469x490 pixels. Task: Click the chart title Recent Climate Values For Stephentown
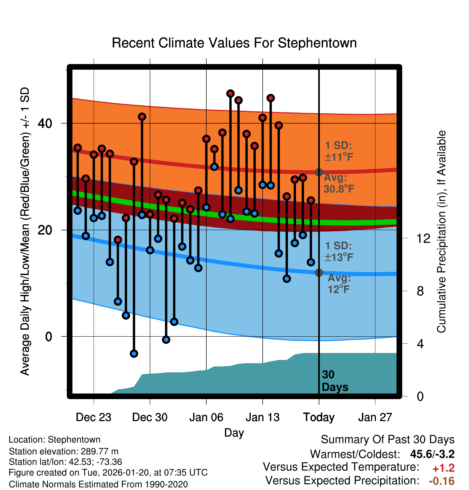point(234,43)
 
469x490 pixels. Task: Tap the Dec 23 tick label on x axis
point(93,417)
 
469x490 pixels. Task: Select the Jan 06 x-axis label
point(206,417)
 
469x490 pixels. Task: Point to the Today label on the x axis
point(319,417)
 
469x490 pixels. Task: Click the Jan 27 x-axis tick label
point(375,417)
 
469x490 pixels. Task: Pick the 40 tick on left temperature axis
point(45,123)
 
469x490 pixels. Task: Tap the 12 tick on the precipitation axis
point(423,238)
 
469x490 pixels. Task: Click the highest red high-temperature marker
point(230,94)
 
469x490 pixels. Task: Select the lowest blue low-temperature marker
point(134,354)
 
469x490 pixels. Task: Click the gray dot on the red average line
point(319,172)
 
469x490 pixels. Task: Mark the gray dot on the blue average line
point(319,273)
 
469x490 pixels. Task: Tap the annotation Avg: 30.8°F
point(339,183)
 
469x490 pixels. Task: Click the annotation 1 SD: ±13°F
point(339,251)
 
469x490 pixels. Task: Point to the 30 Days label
point(335,381)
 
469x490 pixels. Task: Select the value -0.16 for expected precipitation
point(442,481)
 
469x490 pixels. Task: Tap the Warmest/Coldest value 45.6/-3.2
point(432,454)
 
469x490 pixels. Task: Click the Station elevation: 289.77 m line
point(64,451)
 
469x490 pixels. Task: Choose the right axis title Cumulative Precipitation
point(441,232)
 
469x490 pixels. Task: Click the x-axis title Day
point(234,433)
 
